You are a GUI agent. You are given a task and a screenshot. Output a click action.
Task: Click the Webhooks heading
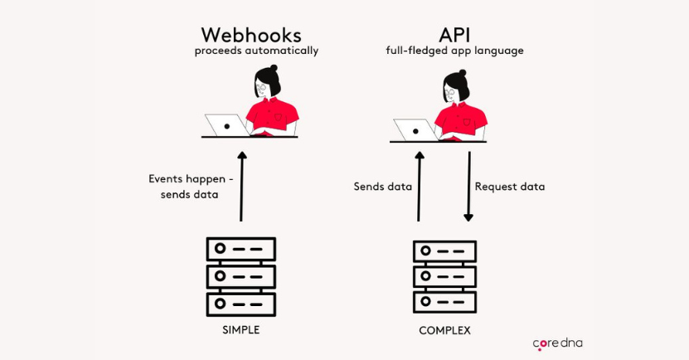[250, 35]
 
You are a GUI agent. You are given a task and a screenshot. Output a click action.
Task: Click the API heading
[454, 35]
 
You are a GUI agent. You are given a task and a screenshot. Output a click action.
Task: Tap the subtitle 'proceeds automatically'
[256, 51]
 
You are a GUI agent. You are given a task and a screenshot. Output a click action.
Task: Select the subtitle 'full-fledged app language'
[454, 51]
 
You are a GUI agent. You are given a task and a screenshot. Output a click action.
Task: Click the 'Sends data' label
[382, 187]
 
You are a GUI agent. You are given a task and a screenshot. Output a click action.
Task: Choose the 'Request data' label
[509, 187]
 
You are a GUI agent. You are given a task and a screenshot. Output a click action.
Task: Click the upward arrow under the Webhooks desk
[241, 186]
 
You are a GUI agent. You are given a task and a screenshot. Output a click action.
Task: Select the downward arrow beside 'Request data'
[468, 186]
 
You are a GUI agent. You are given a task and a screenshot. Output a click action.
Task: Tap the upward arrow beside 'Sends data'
[419, 186]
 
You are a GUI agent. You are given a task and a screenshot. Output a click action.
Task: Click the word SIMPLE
[240, 329]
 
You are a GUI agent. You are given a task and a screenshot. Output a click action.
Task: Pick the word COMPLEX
[444, 330]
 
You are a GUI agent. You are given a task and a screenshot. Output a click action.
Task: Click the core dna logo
[557, 343]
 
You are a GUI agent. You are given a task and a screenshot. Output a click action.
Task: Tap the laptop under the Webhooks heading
[226, 126]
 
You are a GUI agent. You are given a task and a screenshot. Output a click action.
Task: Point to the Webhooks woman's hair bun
[274, 70]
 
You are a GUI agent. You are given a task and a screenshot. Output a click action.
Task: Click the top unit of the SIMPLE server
[240, 249]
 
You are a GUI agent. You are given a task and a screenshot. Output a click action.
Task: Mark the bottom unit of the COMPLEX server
[444, 302]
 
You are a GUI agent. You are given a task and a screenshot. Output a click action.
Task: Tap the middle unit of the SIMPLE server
[240, 276]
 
